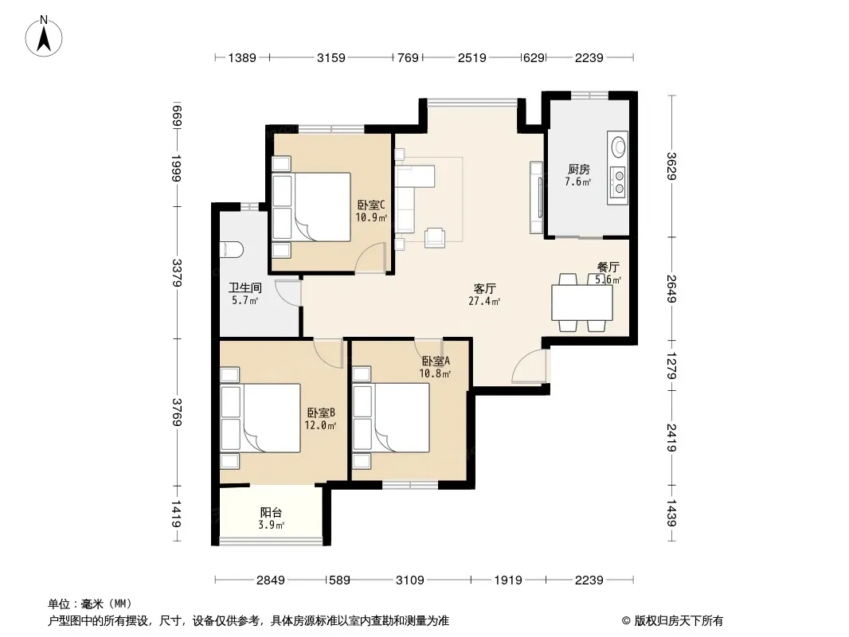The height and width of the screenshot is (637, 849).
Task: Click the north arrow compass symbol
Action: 44,37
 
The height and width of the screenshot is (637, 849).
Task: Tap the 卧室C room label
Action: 371,205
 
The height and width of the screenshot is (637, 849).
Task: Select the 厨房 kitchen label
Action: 579,170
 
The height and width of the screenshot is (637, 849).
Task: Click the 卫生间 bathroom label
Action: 245,288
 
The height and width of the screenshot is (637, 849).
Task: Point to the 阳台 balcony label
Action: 271,512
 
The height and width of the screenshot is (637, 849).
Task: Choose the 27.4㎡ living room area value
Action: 484,302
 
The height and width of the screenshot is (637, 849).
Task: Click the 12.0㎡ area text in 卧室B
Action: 320,425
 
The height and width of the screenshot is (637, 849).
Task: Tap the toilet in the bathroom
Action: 232,250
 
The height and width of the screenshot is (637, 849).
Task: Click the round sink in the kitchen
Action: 618,147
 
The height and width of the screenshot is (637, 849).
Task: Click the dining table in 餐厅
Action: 582,303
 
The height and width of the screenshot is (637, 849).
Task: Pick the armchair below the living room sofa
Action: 435,237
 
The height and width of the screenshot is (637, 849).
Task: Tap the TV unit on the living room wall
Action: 537,197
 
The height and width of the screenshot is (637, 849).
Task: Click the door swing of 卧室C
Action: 370,258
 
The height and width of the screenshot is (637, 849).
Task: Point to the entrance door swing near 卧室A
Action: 529,366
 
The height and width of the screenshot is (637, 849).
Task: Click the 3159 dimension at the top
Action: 331,57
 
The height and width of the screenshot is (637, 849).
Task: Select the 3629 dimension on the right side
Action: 671,166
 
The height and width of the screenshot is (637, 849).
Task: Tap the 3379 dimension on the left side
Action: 177,273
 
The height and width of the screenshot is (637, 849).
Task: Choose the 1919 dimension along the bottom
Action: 508,580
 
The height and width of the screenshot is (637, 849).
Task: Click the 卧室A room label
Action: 436,361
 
